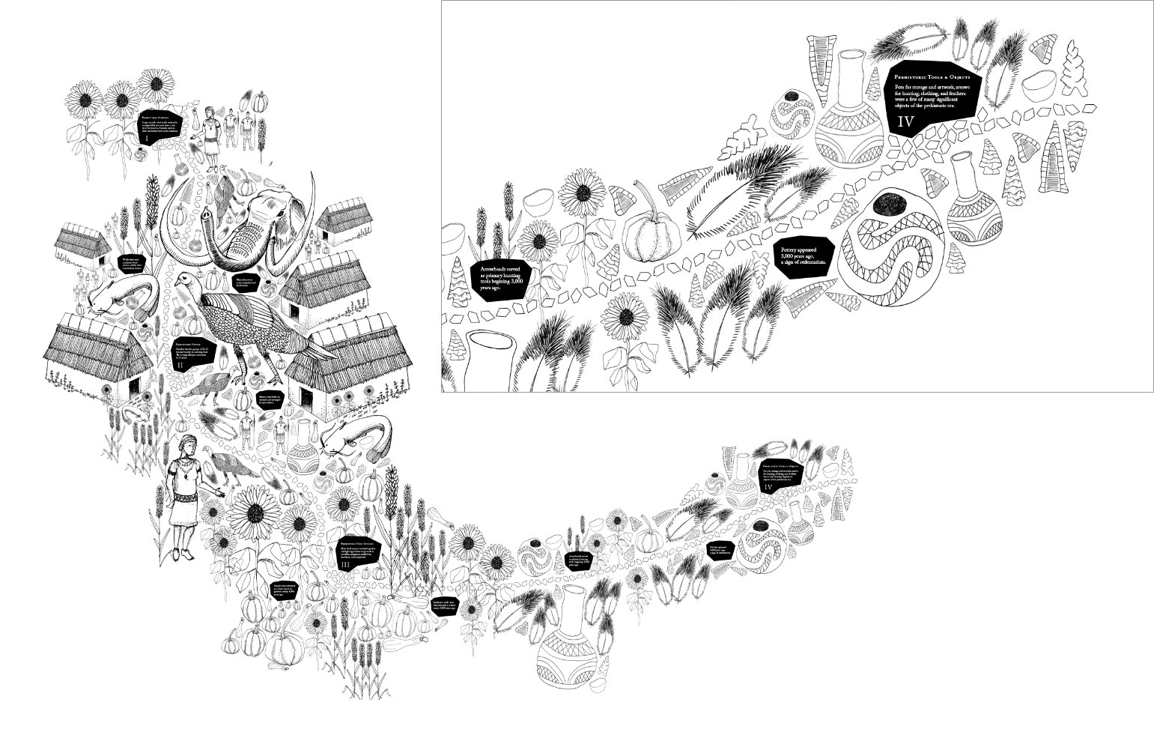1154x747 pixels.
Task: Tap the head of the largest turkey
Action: click(182, 280)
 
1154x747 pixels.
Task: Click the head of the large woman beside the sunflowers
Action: click(187, 447)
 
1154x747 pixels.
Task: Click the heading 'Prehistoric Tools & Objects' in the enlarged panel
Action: click(932, 77)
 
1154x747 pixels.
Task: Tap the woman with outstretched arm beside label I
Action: click(210, 132)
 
